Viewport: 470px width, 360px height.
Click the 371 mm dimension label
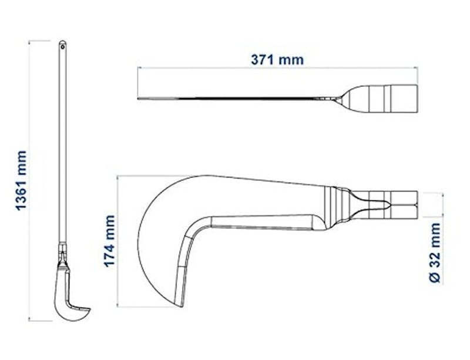pos(277,60)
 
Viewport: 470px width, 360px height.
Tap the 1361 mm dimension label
pos(22,181)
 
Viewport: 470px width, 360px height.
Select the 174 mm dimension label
pos(110,241)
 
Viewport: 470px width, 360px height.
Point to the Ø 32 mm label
pos(435,253)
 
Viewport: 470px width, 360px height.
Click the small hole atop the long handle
pos(62,46)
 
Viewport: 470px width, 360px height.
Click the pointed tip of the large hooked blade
pos(182,307)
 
